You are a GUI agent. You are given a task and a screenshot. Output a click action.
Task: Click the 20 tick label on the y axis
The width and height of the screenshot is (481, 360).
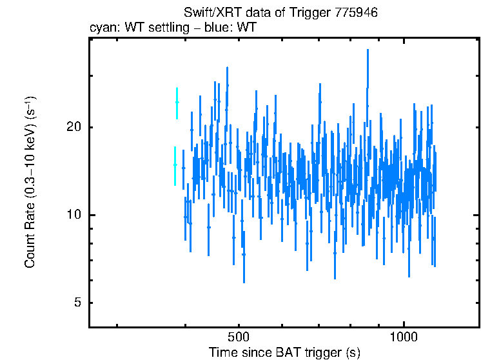pyautogui.click(x=74, y=127)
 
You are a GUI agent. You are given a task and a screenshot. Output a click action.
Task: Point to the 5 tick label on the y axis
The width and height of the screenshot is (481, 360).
pyautogui.click(x=77, y=303)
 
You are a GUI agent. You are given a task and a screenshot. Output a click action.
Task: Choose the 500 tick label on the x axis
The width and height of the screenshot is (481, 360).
pyautogui.click(x=239, y=337)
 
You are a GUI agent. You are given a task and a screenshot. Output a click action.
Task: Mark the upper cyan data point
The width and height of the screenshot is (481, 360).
pyautogui.click(x=177, y=103)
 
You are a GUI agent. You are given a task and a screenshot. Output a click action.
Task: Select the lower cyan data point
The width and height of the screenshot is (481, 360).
pyautogui.click(x=175, y=165)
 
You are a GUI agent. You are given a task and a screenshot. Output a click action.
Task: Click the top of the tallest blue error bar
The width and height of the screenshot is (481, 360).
pyautogui.click(x=368, y=50)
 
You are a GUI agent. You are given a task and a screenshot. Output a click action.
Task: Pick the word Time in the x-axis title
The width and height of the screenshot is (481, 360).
pyautogui.click(x=222, y=352)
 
